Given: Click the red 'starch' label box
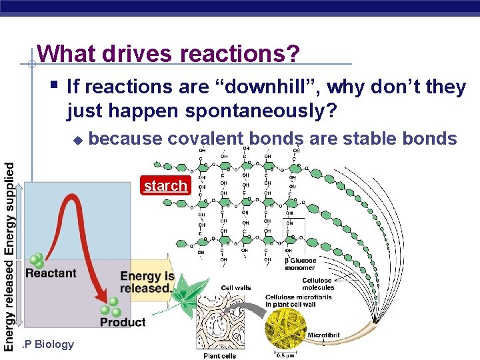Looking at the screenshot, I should (165, 185).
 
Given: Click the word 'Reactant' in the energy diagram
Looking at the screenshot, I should (51, 273).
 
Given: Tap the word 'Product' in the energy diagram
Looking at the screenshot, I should (123, 322).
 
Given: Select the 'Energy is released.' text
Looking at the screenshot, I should (147, 282).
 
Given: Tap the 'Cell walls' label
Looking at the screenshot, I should (236, 288).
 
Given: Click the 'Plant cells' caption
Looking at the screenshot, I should (220, 355).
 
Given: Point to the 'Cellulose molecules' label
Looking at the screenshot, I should (317, 283).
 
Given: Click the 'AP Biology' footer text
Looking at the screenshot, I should (48, 344).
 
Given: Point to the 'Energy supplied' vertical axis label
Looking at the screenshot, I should (9, 208).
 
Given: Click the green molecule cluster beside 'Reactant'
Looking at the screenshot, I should (36, 260).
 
